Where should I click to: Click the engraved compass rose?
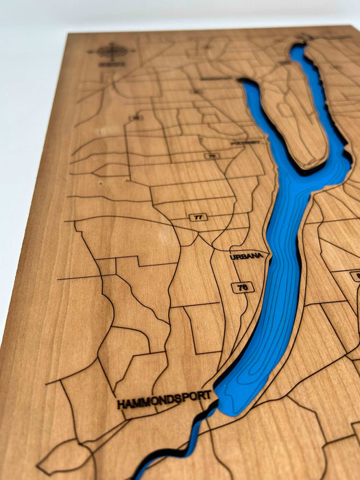click(x=110, y=51)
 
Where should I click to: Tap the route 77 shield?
click(x=198, y=217)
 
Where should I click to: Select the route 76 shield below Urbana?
click(x=241, y=287)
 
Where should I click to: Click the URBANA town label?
click(x=247, y=255)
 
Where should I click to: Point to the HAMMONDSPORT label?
click(x=163, y=400)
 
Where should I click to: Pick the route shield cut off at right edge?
click(x=355, y=275)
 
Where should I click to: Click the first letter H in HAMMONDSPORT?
click(x=121, y=405)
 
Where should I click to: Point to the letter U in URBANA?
click(x=233, y=256)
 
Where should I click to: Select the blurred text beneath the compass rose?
click(x=107, y=64)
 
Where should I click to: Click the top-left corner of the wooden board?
click(x=69, y=34)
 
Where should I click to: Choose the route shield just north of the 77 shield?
click(x=211, y=156)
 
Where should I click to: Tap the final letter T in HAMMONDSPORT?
click(x=207, y=395)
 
